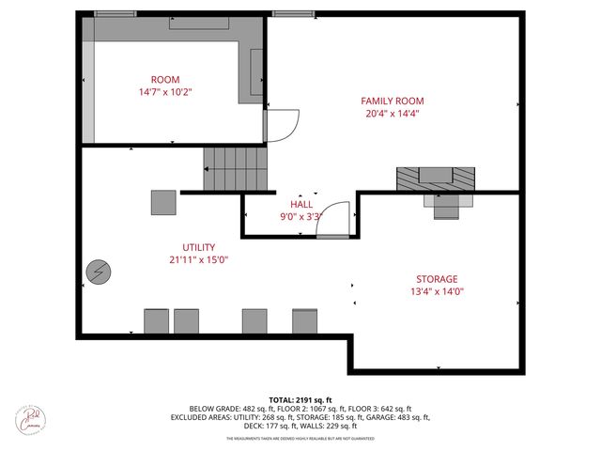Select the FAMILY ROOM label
[x=393, y=101]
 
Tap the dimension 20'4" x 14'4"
[x=393, y=114]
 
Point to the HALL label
[x=301, y=203]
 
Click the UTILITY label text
[x=198, y=246]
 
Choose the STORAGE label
[x=437, y=279]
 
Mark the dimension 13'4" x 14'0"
[x=437, y=292]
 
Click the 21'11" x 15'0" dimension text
[x=198, y=259]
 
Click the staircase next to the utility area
[x=236, y=169]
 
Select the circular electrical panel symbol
[x=98, y=272]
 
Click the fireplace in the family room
[x=435, y=179]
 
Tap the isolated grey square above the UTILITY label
[x=163, y=202]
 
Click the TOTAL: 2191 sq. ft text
[x=300, y=398]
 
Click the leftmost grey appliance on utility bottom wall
[x=156, y=321]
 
